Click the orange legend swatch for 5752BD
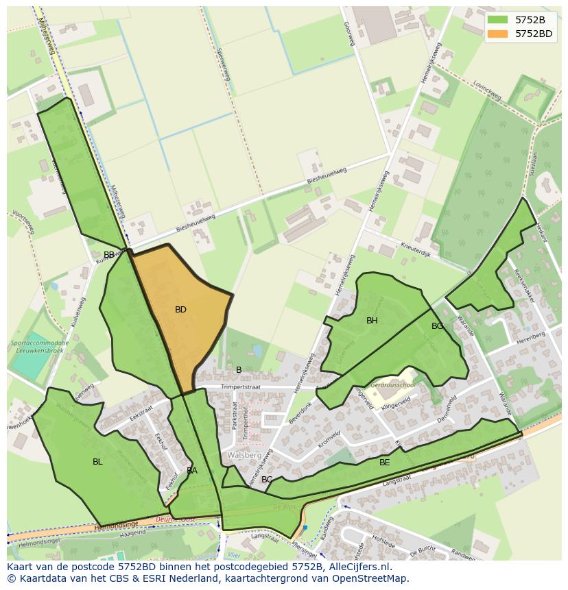point(498,34)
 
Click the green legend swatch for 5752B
point(498,20)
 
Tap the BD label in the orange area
point(180,310)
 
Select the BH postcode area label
point(372,321)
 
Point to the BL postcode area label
point(97,462)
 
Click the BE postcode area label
point(385,463)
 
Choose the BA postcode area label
point(192,471)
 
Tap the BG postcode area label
point(437,326)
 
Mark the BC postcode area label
point(267,480)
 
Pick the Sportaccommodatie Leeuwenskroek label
point(39,346)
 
